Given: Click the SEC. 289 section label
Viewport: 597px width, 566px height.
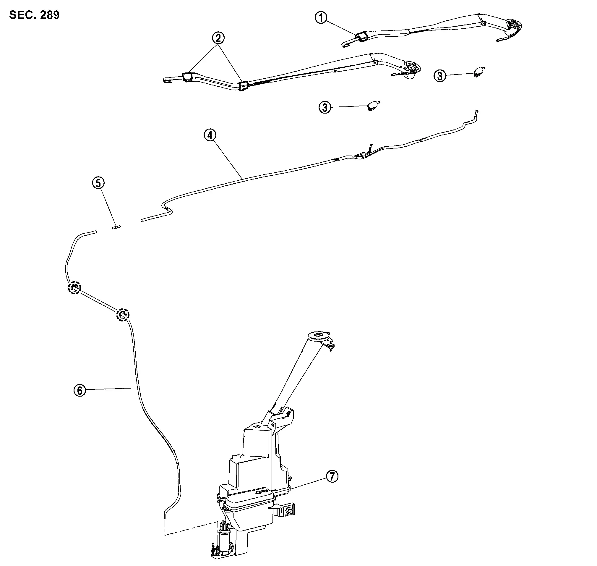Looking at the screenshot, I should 34,15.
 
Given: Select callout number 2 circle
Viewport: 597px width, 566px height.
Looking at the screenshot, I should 218,38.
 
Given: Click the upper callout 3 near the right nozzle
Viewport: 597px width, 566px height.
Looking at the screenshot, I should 440,76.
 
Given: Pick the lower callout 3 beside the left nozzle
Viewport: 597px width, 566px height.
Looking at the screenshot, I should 325,107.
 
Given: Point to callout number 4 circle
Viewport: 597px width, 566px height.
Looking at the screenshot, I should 210,135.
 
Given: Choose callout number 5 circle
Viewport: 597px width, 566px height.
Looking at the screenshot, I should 99,183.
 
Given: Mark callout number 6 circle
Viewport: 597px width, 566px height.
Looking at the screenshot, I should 80,390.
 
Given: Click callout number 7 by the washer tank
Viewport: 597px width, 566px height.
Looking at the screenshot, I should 332,476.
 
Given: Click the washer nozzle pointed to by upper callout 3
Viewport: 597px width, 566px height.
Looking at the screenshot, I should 479,72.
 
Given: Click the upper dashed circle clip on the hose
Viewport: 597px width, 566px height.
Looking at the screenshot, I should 74,287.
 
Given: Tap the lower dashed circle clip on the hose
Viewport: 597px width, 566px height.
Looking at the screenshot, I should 122,315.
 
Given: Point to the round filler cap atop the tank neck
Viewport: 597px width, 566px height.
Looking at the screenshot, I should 318,336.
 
